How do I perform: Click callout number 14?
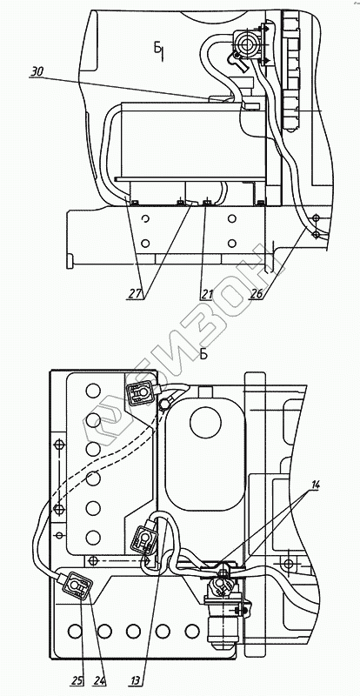pos(314,485)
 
